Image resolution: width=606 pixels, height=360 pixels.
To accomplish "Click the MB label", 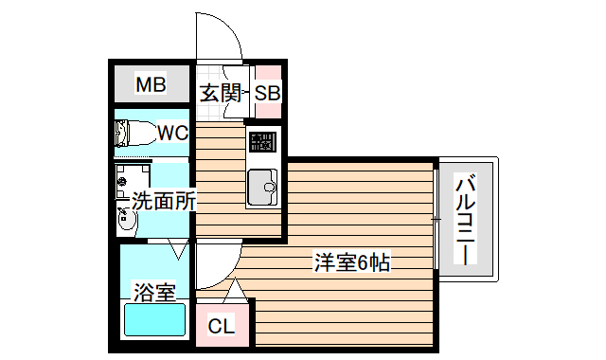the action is click(x=151, y=85).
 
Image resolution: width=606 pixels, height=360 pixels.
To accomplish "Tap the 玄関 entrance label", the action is click(x=219, y=93).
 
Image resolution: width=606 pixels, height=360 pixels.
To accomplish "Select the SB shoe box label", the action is click(x=267, y=93).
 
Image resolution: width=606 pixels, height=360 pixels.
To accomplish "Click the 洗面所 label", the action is click(x=163, y=200).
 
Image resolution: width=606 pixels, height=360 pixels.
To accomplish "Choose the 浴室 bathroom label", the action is click(x=153, y=291).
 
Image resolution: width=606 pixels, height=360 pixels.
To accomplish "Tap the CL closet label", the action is click(x=221, y=327).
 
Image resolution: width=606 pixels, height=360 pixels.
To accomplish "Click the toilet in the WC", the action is click(x=134, y=136).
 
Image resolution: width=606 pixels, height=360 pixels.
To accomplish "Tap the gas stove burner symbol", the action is click(x=262, y=144).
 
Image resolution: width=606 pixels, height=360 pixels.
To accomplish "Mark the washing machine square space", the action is click(x=134, y=179).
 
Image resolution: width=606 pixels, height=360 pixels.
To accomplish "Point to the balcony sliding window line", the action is click(x=437, y=219).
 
